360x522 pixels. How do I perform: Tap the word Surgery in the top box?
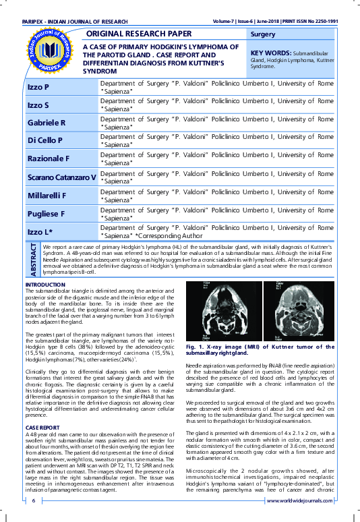pos(262,34)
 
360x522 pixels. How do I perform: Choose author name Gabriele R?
pos(46,122)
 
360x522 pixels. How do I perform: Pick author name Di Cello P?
pos(44,140)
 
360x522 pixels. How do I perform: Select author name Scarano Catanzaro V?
pos(61,177)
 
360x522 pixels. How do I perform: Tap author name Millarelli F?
pos(46,196)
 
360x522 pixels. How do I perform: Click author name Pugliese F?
pos(46,214)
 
